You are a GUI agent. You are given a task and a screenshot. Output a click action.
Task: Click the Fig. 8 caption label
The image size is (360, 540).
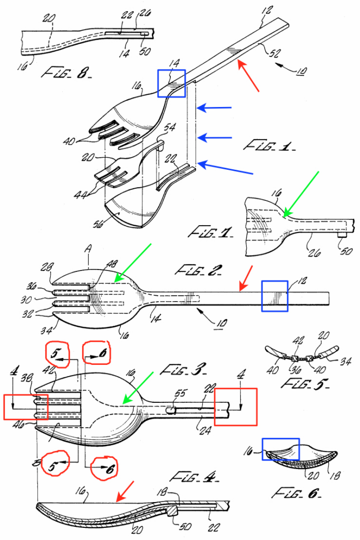pos(62,73)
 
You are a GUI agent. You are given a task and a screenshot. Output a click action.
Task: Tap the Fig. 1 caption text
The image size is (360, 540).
pos(269,145)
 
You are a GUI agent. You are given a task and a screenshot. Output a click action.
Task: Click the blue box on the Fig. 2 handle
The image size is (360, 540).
pos(275,295)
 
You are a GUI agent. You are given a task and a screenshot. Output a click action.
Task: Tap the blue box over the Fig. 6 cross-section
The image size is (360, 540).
pos(280,449)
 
